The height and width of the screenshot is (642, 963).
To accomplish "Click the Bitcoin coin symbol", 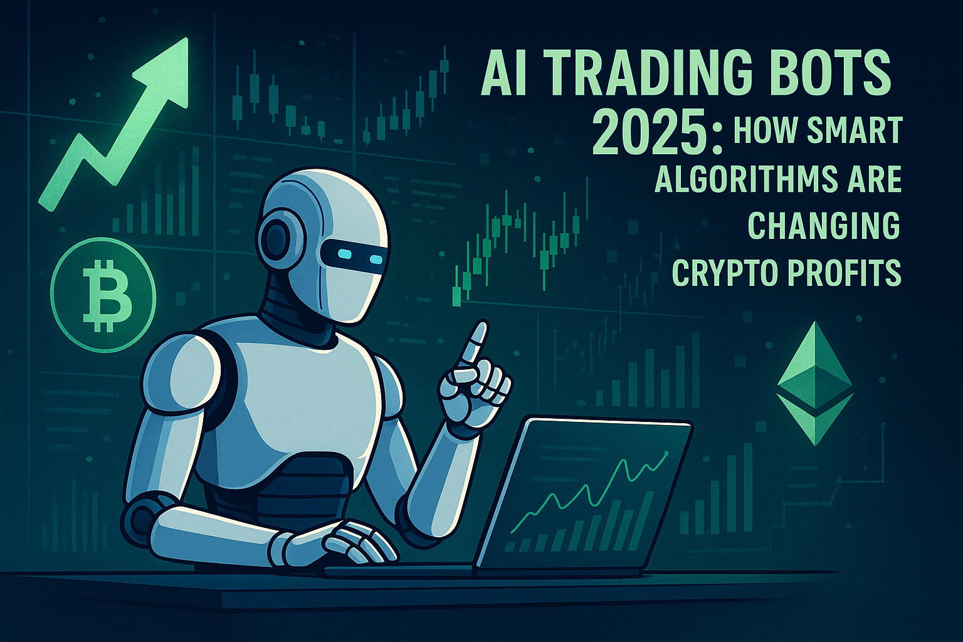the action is tap(103, 295).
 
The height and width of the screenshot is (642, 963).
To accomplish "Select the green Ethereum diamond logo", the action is tap(814, 382).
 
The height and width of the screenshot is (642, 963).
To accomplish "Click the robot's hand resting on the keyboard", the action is tap(359, 542).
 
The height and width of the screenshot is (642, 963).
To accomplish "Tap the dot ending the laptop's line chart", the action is tap(666, 453).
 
